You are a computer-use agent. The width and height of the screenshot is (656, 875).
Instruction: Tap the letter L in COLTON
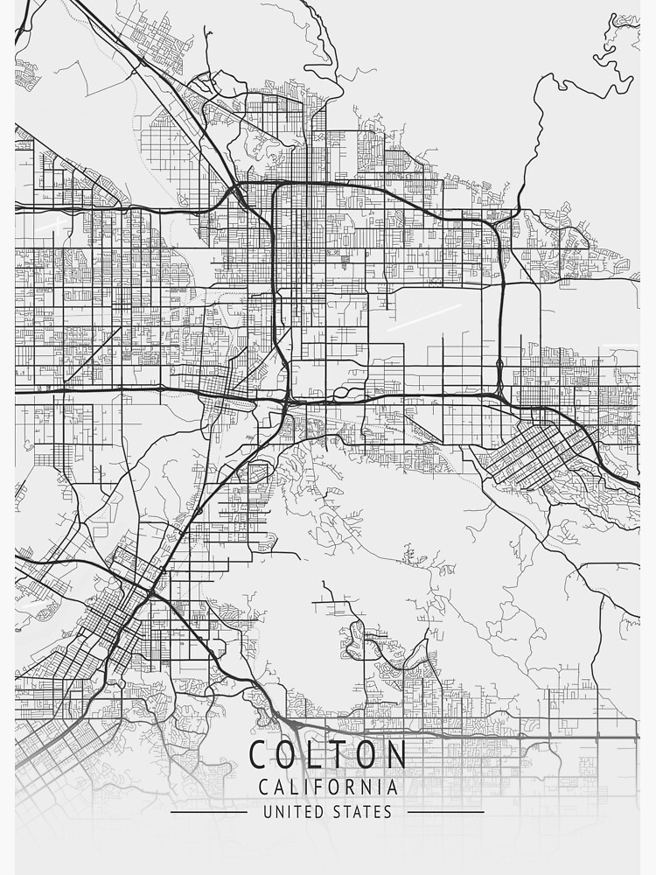click(x=321, y=755)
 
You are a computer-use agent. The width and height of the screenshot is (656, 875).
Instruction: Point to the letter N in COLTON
click(x=395, y=755)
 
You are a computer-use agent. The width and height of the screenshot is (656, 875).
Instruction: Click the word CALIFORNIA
click(x=328, y=787)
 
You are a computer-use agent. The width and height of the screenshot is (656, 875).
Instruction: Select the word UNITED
click(x=293, y=811)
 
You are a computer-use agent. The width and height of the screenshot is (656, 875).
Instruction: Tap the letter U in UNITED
click(x=268, y=811)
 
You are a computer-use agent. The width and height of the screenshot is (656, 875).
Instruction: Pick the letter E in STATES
click(x=377, y=811)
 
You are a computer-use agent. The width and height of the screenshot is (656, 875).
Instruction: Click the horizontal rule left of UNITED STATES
click(x=208, y=811)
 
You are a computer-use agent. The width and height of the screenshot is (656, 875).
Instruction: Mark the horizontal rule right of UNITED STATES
click(x=446, y=811)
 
